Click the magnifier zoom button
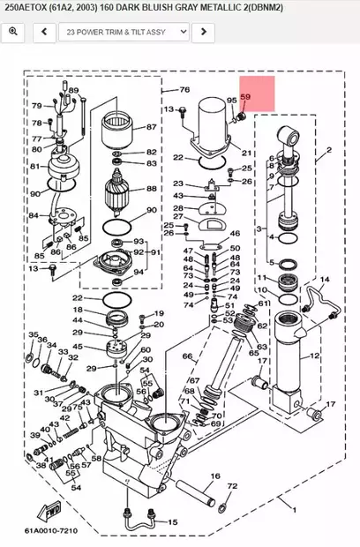pos(13,32)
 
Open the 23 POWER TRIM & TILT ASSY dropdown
pos(124,32)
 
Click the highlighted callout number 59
pos(245,96)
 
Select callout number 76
pos(184,90)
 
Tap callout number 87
pos(151,127)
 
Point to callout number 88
pos(151,189)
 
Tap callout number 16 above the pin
pos(214,476)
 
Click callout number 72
pos(232,486)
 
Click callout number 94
pos(139,272)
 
